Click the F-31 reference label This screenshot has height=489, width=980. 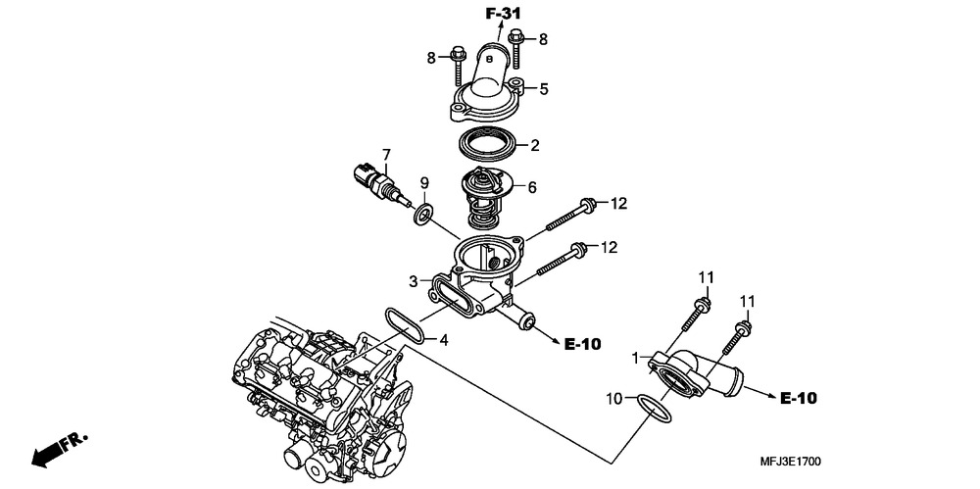coord(503,13)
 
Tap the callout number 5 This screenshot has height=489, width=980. coord(544,89)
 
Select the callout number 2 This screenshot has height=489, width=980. coord(535,146)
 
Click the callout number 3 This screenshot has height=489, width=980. coord(414,281)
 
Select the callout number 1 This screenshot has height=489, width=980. coord(636,359)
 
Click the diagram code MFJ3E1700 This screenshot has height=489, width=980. coord(791,463)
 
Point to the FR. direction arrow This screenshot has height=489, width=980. coord(60,450)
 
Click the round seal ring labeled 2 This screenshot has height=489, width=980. coord(489,145)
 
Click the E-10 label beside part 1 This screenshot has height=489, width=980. coord(798,398)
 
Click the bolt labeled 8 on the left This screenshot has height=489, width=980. coord(456,67)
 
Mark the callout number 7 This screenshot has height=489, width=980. coord(386,153)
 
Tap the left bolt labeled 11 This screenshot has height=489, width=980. coord(694,315)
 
